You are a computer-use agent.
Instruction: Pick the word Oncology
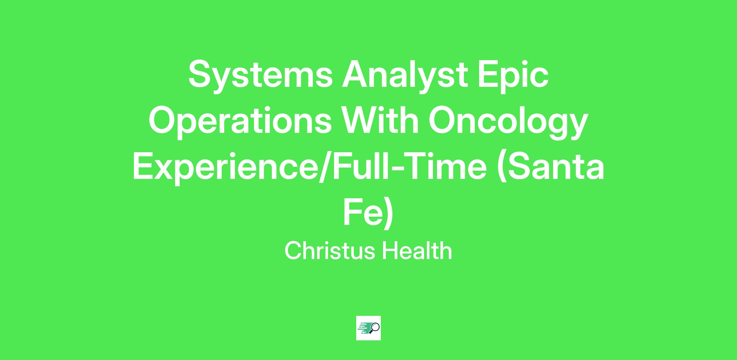[x=508, y=121]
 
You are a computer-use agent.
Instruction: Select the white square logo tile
[x=368, y=328]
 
